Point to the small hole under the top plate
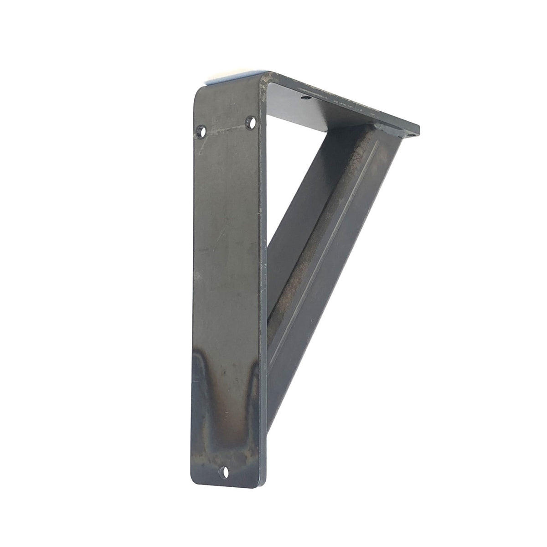[304, 97]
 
